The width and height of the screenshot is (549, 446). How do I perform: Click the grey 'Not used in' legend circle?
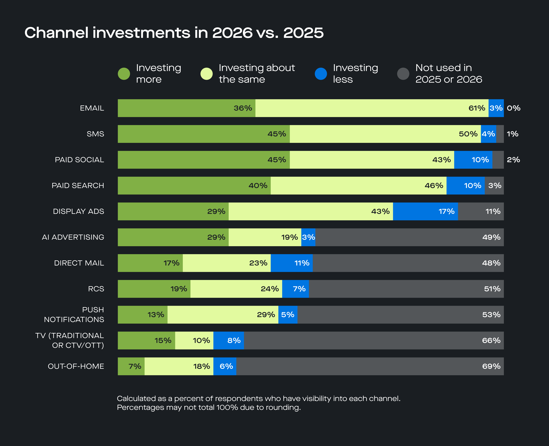[x=403, y=74]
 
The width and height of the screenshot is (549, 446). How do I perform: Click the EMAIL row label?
[x=92, y=108]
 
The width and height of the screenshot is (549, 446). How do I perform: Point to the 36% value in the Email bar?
[x=242, y=108]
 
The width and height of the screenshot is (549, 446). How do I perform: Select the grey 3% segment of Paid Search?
[x=494, y=185]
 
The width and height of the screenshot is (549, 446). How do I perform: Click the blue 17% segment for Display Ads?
[x=425, y=211]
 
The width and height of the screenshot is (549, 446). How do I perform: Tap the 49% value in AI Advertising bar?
[x=491, y=237]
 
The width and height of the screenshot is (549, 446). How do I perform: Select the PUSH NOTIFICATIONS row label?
[x=74, y=314]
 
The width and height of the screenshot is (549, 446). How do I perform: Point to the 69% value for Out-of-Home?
[x=491, y=366]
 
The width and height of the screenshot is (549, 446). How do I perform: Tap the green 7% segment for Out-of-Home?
[x=131, y=366]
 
